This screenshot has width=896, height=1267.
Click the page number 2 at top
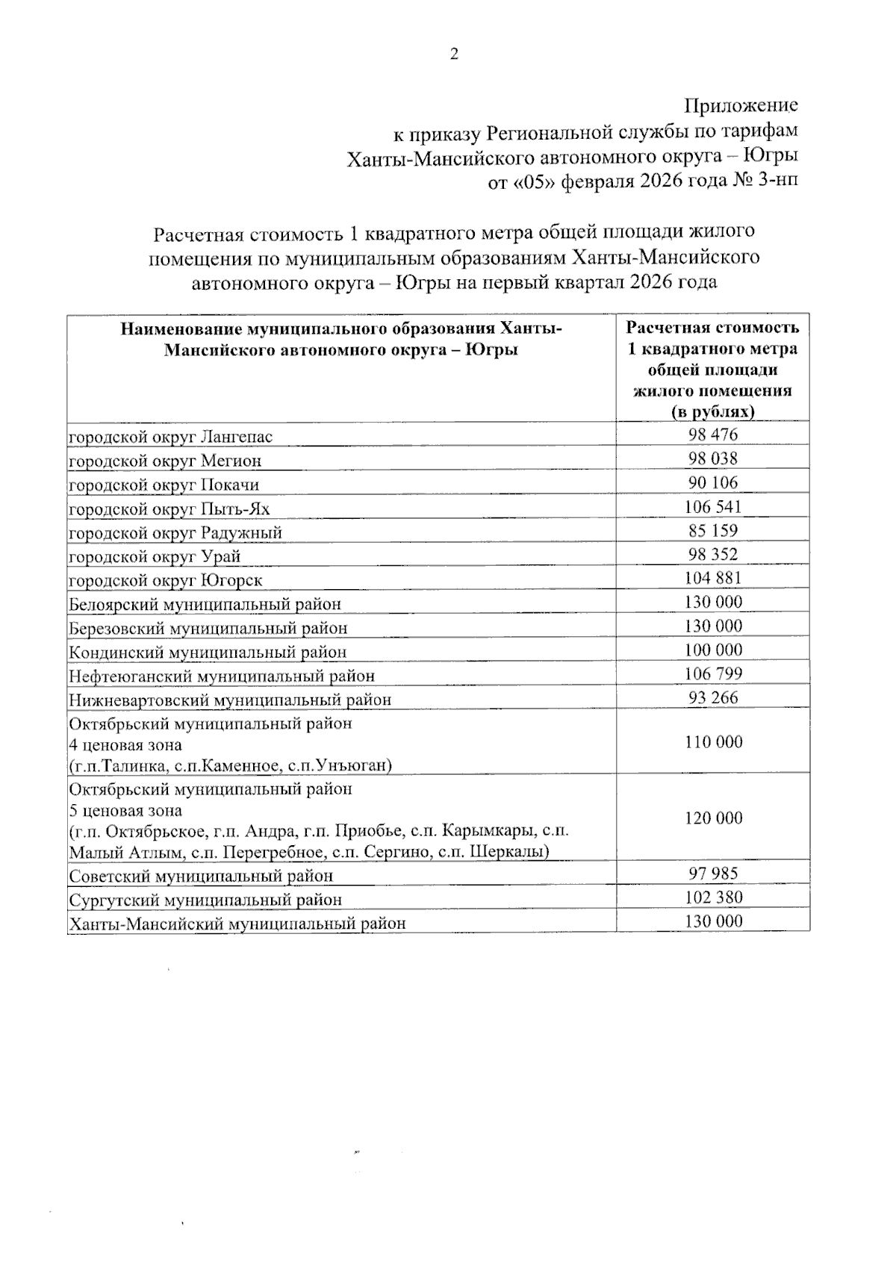click(452, 54)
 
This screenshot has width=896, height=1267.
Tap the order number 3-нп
click(777, 181)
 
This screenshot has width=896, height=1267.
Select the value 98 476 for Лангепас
click(713, 435)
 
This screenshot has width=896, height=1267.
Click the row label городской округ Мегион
click(165, 461)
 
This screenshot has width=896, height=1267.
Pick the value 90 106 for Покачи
click(713, 482)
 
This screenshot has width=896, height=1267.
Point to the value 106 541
click(713, 507)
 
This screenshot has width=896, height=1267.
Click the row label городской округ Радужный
click(175, 532)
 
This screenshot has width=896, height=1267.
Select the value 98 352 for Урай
click(713, 554)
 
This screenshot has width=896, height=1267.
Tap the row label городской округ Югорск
click(166, 580)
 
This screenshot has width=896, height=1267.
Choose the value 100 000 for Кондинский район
click(713, 650)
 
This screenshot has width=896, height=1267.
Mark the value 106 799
click(713, 673)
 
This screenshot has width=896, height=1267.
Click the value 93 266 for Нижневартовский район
click(713, 697)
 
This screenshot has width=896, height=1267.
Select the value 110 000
click(713, 741)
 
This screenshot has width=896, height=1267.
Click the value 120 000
click(713, 818)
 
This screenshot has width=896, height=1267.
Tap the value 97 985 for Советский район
click(713, 874)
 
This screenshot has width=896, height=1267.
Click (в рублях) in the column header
click(712, 411)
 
